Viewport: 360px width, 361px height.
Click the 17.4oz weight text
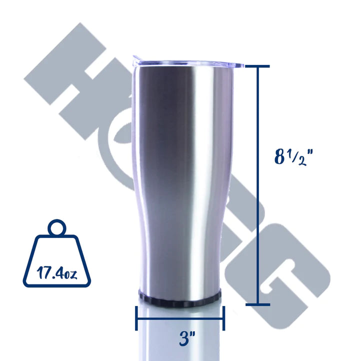click(x=56, y=273)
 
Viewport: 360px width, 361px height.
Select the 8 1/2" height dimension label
click(x=293, y=157)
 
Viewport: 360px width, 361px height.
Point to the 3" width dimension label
click(x=187, y=338)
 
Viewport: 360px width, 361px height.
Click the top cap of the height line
click(x=257, y=66)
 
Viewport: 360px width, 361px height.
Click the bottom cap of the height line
click(x=258, y=304)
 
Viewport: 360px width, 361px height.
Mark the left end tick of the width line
click(x=136, y=318)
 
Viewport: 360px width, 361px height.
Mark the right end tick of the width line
click(x=223, y=318)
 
